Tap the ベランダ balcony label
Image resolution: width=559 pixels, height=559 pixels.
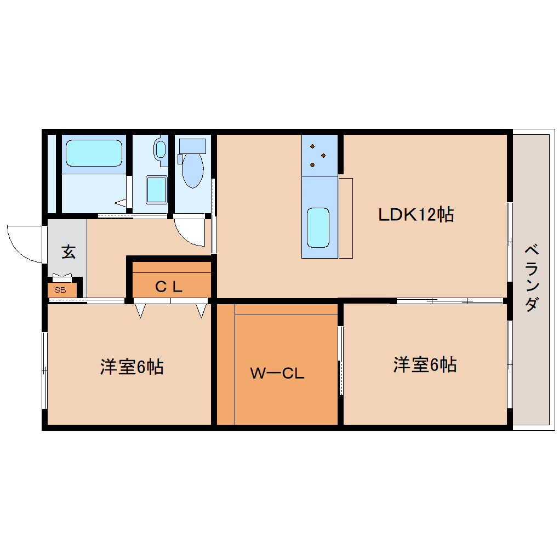coord(531,278)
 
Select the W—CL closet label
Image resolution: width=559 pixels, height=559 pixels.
coord(277,374)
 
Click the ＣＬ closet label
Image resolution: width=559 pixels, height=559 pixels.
coord(168,286)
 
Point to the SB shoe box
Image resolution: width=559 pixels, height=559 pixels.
coord(60,290)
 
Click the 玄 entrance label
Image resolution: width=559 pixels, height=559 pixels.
coord(68,252)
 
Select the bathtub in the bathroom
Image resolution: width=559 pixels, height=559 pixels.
coord(94,153)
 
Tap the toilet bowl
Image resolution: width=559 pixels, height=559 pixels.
coord(193,169)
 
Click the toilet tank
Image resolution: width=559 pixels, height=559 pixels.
coord(193,146)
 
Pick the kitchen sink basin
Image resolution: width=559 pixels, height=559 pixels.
coord(318,227)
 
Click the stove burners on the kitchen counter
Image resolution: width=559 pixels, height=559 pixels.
coord(318,155)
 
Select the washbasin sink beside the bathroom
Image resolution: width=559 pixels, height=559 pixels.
coord(161,149)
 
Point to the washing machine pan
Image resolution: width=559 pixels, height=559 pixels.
coord(156,190)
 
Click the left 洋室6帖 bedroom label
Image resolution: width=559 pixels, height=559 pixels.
coord(132,367)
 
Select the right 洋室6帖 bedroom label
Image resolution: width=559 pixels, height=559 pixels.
coord(425,364)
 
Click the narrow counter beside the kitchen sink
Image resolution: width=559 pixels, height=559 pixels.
coord(346,218)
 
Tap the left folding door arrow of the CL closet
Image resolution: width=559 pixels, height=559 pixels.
coord(141,311)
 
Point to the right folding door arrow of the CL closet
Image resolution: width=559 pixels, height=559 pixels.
coord(201,311)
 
